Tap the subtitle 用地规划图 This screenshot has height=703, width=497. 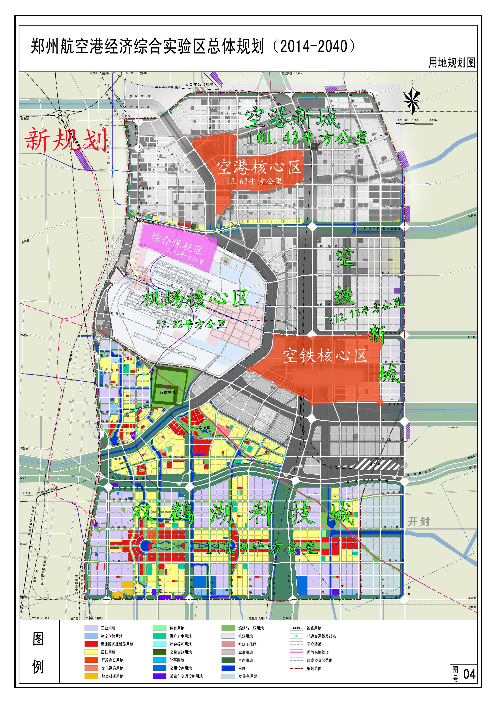pos(452,63)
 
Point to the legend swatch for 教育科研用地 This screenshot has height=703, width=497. pos(91,676)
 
